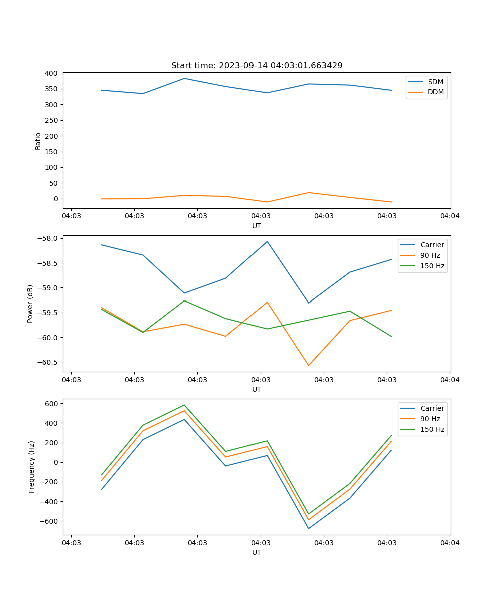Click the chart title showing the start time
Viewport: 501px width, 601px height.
(x=257, y=66)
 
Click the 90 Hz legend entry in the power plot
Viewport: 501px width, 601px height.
(x=430, y=255)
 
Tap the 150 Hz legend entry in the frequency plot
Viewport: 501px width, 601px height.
(x=432, y=429)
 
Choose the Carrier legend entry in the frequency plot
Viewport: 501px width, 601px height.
(x=432, y=408)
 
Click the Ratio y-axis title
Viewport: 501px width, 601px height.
(x=38, y=141)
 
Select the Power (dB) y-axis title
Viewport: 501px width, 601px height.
(x=30, y=304)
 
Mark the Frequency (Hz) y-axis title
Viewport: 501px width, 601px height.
(x=32, y=467)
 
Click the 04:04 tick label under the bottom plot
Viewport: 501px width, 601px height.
(x=449, y=543)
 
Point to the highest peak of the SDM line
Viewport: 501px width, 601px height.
(x=184, y=78)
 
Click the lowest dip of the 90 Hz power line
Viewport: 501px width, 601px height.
(x=308, y=365)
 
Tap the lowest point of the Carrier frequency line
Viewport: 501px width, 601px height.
(x=308, y=528)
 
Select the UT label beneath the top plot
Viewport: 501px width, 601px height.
(x=257, y=226)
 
